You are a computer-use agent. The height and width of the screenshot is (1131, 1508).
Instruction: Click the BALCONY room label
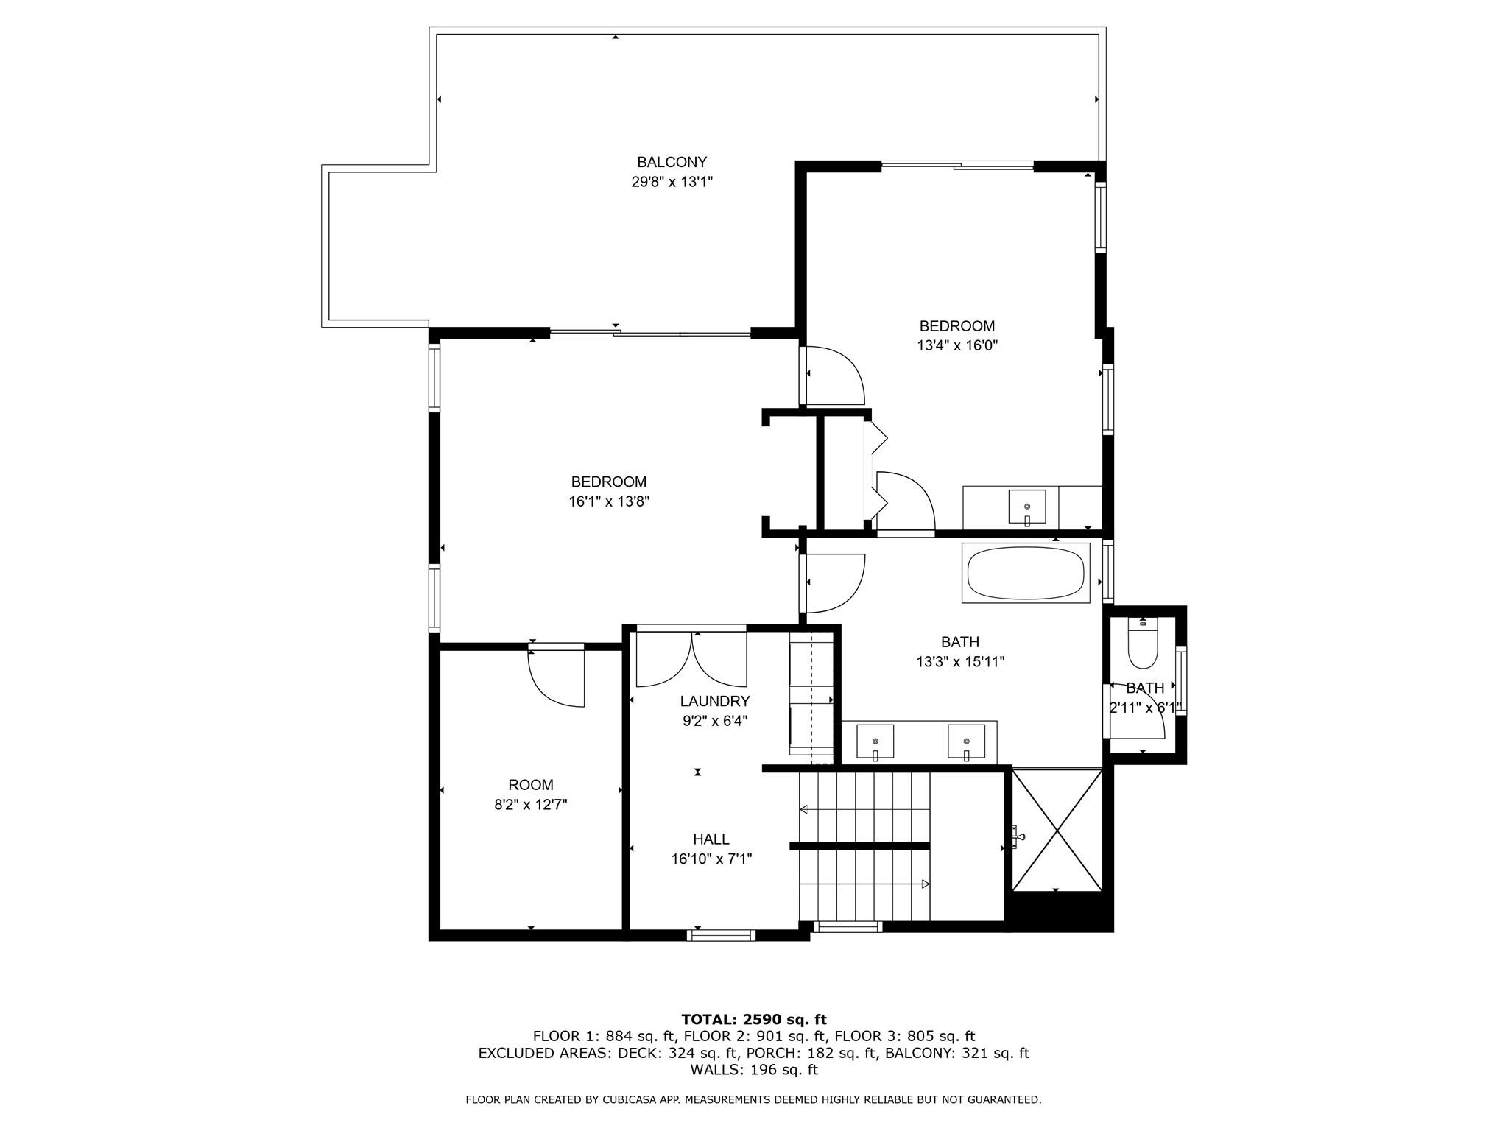(672, 163)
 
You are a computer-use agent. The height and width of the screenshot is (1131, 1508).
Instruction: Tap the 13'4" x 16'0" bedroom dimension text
(956, 345)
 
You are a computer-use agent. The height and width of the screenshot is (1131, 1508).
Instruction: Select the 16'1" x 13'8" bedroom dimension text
(608, 501)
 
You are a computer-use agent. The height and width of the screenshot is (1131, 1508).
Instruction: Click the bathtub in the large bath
(1025, 574)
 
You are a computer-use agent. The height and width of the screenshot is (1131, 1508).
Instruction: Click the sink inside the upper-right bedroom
(1026, 507)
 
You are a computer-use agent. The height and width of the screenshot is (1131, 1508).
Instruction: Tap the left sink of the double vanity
(875, 741)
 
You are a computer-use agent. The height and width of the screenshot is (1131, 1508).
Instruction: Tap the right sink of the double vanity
(966, 741)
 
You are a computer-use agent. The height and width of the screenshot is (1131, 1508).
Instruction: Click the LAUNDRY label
(714, 701)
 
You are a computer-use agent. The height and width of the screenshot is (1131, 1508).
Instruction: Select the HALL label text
(711, 839)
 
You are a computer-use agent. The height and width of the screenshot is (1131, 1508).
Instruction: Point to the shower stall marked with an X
(1057, 830)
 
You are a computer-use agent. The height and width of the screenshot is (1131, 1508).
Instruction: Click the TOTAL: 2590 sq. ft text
(753, 1019)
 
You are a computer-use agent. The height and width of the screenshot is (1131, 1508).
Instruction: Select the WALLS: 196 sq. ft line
(753, 1070)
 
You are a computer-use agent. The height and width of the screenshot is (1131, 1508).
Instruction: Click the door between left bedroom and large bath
(832, 583)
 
